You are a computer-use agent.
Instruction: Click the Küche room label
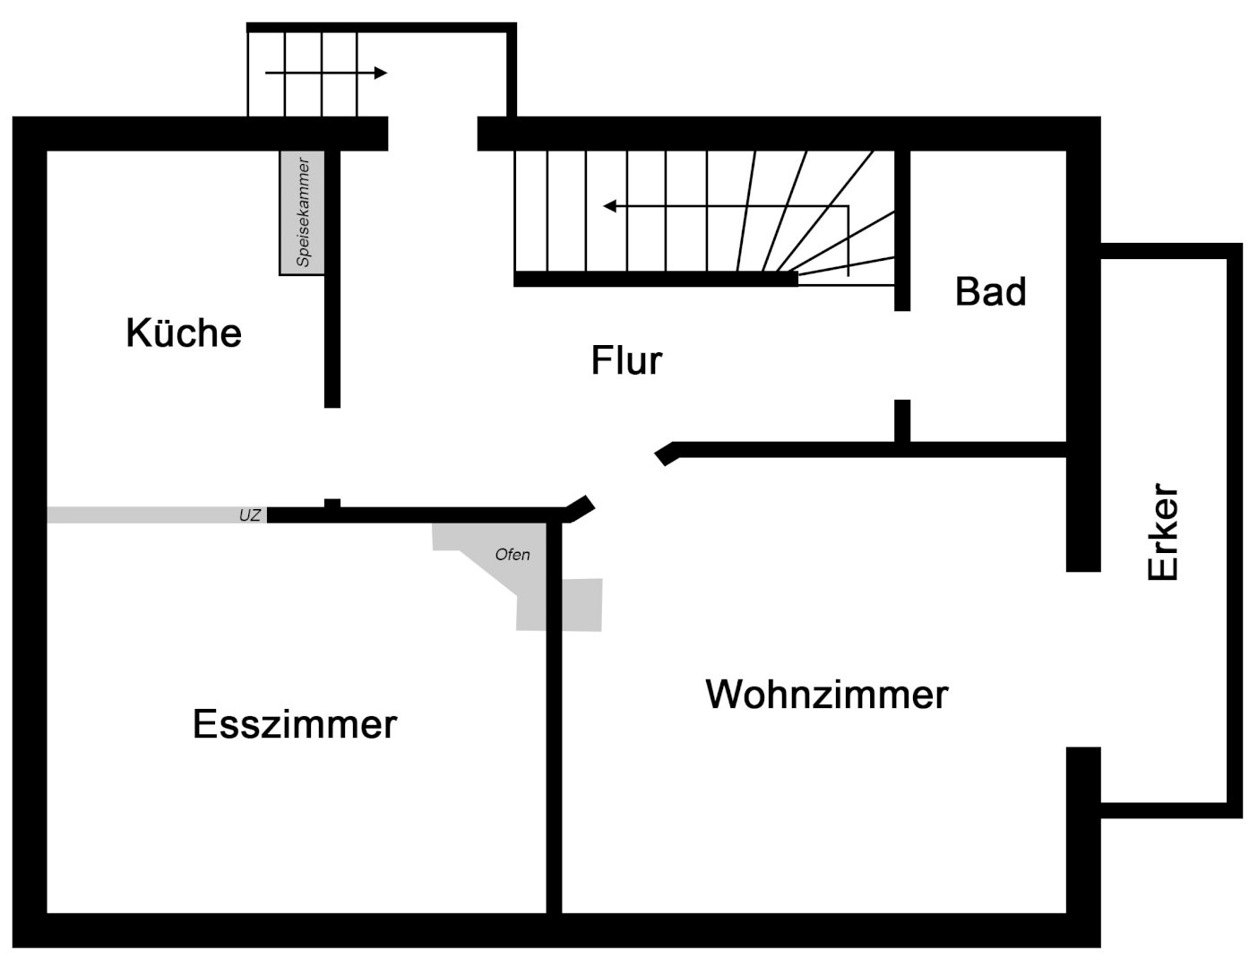[x=184, y=333]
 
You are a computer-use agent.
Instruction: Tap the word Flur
[x=626, y=360]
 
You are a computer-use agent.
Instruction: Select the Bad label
[x=990, y=292]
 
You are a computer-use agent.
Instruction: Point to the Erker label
[x=1164, y=532]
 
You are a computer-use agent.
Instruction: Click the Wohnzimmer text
[x=826, y=695]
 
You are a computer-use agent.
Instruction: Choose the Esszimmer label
[x=294, y=724]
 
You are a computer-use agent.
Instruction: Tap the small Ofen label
[x=513, y=555]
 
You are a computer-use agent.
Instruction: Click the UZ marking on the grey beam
[x=250, y=515]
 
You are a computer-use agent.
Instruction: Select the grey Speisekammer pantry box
[x=301, y=212]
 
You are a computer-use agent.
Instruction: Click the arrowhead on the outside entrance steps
[x=381, y=73]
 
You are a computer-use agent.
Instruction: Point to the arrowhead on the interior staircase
[x=610, y=206]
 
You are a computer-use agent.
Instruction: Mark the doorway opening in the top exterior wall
[x=433, y=134]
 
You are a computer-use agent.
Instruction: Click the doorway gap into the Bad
[x=902, y=355]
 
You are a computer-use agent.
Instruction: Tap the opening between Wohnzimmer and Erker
[x=1083, y=659]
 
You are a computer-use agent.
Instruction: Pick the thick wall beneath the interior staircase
[x=655, y=279]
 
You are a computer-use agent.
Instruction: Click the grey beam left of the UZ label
[x=134, y=515]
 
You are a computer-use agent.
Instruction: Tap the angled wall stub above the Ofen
[x=581, y=508]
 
